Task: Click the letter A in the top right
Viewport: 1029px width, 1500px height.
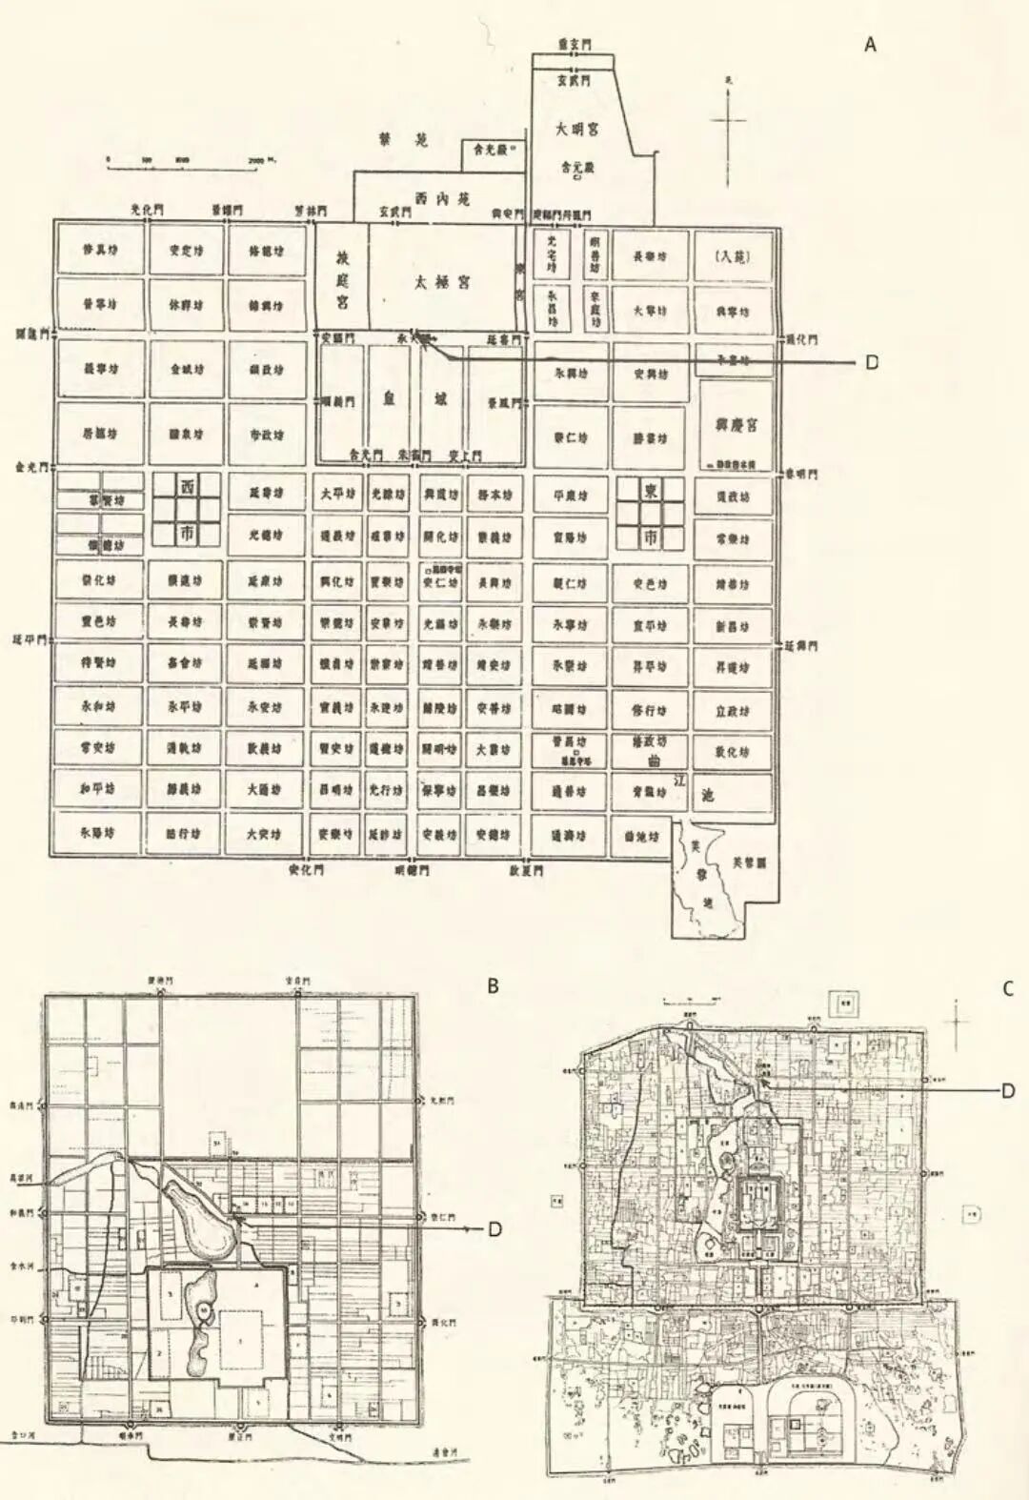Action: click(x=870, y=44)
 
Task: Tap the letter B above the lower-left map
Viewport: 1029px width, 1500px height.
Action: click(x=493, y=986)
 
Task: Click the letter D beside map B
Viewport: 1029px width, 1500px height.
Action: click(x=494, y=1229)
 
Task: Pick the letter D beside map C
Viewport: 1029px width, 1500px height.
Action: click(x=1008, y=1090)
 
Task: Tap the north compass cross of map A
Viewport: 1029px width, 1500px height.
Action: click(x=729, y=119)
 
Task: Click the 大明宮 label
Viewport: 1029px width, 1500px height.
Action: click(x=577, y=128)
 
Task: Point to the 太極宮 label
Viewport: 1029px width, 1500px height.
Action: click(x=441, y=283)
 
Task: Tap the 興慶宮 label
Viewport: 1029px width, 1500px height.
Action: click(x=733, y=424)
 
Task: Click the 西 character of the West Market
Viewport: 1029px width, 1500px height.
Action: click(x=187, y=487)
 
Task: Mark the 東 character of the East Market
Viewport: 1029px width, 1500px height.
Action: click(x=651, y=491)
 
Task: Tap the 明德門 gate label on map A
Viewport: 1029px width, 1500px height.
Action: click(x=413, y=870)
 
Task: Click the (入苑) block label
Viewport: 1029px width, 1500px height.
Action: click(x=732, y=256)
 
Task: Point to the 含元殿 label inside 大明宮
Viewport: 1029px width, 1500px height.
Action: click(x=576, y=168)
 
